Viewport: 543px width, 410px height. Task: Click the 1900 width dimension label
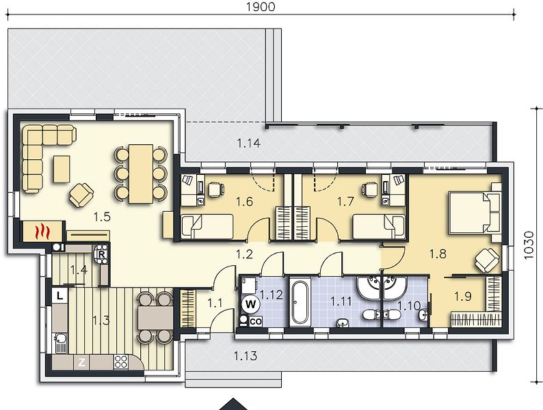click(261, 7)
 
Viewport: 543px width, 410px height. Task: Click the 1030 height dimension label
click(529, 245)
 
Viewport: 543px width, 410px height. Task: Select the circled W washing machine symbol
click(251, 305)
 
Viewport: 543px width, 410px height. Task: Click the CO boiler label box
click(256, 321)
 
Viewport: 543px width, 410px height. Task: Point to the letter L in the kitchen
click(60, 295)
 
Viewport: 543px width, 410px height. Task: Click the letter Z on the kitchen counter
click(82, 362)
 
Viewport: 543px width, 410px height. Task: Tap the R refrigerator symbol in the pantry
click(101, 254)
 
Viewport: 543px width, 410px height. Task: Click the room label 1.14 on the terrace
click(249, 143)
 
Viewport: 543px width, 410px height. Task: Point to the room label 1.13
click(246, 356)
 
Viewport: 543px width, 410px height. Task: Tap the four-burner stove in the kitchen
click(121, 362)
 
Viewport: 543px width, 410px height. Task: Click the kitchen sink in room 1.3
click(62, 342)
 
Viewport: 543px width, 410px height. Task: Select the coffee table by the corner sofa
click(62, 169)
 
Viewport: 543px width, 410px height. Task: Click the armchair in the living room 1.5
click(81, 195)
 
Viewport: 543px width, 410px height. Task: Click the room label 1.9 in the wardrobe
click(463, 296)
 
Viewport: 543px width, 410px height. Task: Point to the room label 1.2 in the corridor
click(245, 255)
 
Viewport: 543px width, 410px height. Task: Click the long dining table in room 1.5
click(141, 174)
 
